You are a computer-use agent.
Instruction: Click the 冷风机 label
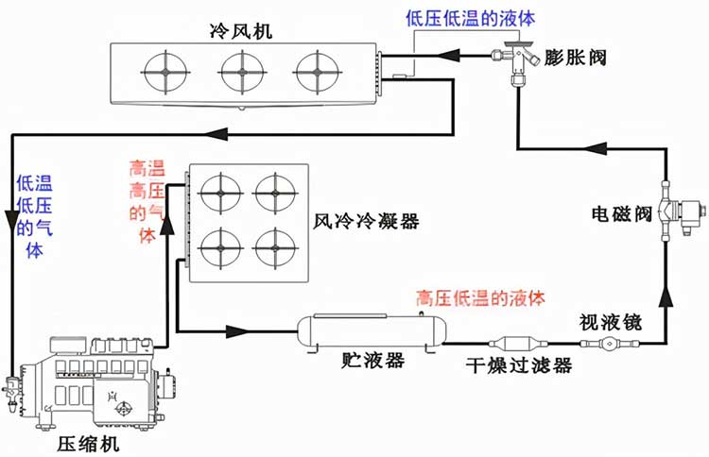coord(241,31)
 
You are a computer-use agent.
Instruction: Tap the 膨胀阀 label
coord(574,58)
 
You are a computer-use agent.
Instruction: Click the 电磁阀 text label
coord(622,213)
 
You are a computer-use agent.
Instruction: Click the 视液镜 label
coord(611,322)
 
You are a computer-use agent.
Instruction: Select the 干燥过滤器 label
coord(519,364)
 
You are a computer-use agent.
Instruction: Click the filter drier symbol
coord(519,344)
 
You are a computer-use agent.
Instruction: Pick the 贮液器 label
coord(373,361)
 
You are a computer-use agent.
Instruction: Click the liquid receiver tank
coord(372,332)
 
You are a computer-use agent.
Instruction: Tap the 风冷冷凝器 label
coord(366,221)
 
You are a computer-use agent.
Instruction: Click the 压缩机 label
coord(88,444)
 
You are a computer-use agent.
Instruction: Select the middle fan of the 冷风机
coord(242,73)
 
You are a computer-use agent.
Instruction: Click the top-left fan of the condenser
coord(220,194)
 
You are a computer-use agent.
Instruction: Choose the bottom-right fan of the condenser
coord(275,248)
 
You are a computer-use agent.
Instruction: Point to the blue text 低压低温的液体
coord(470,19)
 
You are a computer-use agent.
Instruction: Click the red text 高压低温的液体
coord(480,298)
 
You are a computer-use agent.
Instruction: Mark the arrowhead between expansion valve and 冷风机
coord(448,56)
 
